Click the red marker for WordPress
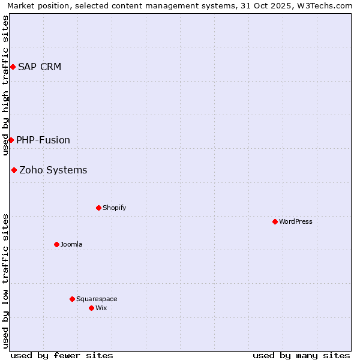[275, 221]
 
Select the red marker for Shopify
[98, 208]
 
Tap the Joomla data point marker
[56, 244]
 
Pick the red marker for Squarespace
[72, 299]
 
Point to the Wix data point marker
[91, 308]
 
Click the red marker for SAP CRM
[13, 67]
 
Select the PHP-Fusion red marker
[11, 140]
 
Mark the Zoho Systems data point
[14, 170]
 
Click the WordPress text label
[296, 221]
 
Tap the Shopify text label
[114, 208]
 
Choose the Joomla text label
[71, 244]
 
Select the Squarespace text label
[97, 299]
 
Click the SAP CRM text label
[40, 67]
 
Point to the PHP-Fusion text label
[43, 140]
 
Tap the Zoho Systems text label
[53, 170]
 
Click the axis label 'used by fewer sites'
[62, 355]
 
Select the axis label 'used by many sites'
[301, 355]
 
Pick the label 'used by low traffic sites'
[6, 280]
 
